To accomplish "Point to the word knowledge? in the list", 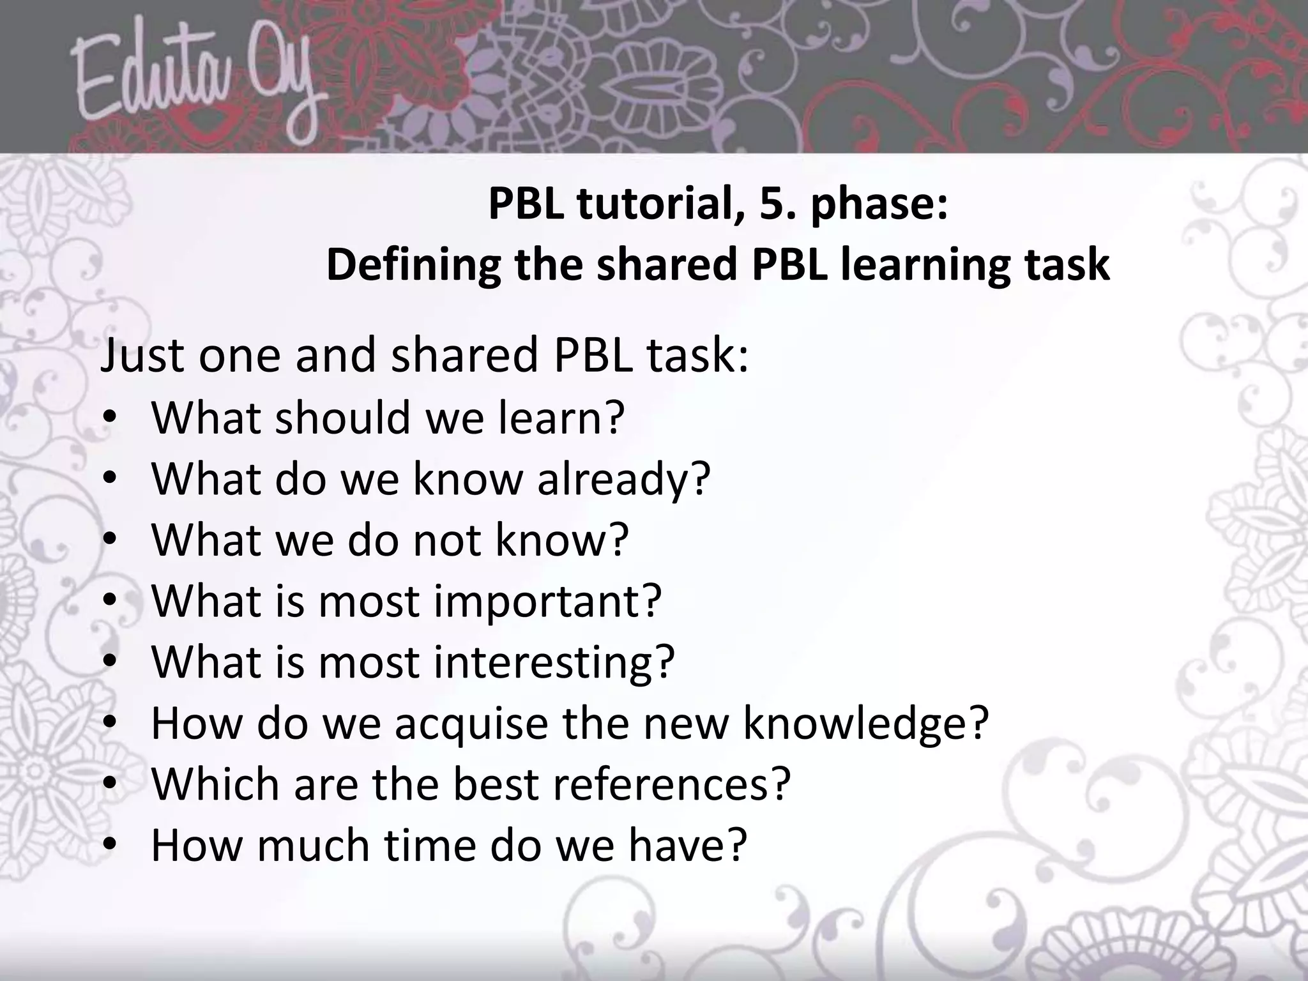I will point(865,724).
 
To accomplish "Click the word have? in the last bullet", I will point(687,846).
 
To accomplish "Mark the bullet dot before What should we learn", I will point(109,418).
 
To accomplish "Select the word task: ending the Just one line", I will point(697,355).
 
